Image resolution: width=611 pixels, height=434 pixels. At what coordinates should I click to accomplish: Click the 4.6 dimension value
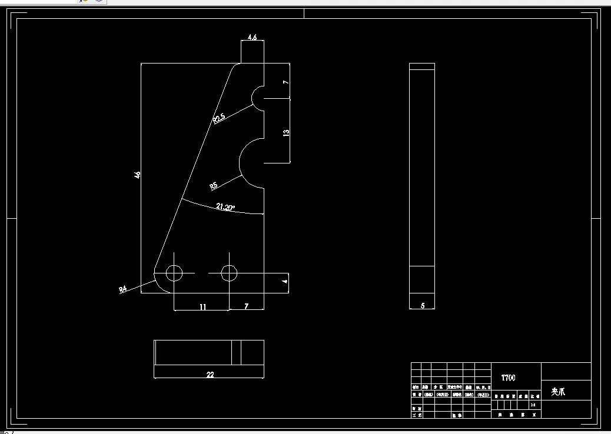pyautogui.click(x=252, y=37)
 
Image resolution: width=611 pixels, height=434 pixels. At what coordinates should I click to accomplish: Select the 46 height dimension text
pyautogui.click(x=137, y=175)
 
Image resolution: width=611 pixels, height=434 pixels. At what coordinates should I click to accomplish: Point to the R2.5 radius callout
pyautogui.click(x=219, y=118)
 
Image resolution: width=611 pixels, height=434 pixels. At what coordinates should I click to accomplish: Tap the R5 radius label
pyautogui.click(x=214, y=186)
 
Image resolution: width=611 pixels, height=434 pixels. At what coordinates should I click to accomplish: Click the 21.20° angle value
pyautogui.click(x=225, y=207)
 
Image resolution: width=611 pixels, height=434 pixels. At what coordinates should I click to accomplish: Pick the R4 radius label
pyautogui.click(x=123, y=289)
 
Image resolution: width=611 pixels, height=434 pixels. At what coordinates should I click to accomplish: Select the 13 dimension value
pyautogui.click(x=287, y=133)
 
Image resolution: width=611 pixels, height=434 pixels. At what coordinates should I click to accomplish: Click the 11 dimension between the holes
pyautogui.click(x=202, y=306)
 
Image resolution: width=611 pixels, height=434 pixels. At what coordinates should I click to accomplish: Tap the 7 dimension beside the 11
pyautogui.click(x=246, y=306)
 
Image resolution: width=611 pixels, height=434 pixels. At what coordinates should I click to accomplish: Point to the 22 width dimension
pyautogui.click(x=210, y=375)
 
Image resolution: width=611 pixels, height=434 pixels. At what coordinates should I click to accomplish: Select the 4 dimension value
pyautogui.click(x=285, y=282)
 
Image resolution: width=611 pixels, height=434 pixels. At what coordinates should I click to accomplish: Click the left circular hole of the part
pyautogui.click(x=174, y=273)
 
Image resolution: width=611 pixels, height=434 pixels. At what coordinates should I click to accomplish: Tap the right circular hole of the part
pyautogui.click(x=229, y=273)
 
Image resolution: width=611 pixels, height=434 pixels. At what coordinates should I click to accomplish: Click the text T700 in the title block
pyautogui.click(x=508, y=378)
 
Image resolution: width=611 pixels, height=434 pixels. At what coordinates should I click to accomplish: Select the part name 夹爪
pyautogui.click(x=558, y=392)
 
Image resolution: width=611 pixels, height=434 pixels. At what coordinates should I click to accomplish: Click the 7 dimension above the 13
pyautogui.click(x=286, y=82)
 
